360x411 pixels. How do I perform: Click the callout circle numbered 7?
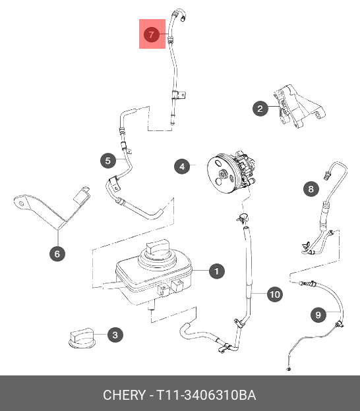[152, 35]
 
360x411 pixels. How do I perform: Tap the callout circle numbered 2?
[260, 109]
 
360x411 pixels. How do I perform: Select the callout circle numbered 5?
[108, 161]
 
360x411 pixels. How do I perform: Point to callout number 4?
[182, 167]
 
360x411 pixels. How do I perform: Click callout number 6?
[57, 254]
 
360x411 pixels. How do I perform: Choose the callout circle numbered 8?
[311, 189]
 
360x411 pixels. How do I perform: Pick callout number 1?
[217, 271]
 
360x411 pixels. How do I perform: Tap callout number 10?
[275, 294]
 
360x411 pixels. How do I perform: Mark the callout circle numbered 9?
[318, 315]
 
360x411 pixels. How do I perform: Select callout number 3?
[115, 335]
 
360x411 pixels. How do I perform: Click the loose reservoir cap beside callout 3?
[82, 338]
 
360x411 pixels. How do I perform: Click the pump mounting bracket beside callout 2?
[299, 106]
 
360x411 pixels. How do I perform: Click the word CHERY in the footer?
[124, 395]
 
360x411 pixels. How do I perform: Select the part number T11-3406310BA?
[206, 395]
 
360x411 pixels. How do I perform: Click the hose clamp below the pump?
[243, 218]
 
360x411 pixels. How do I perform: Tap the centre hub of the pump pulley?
[224, 174]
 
